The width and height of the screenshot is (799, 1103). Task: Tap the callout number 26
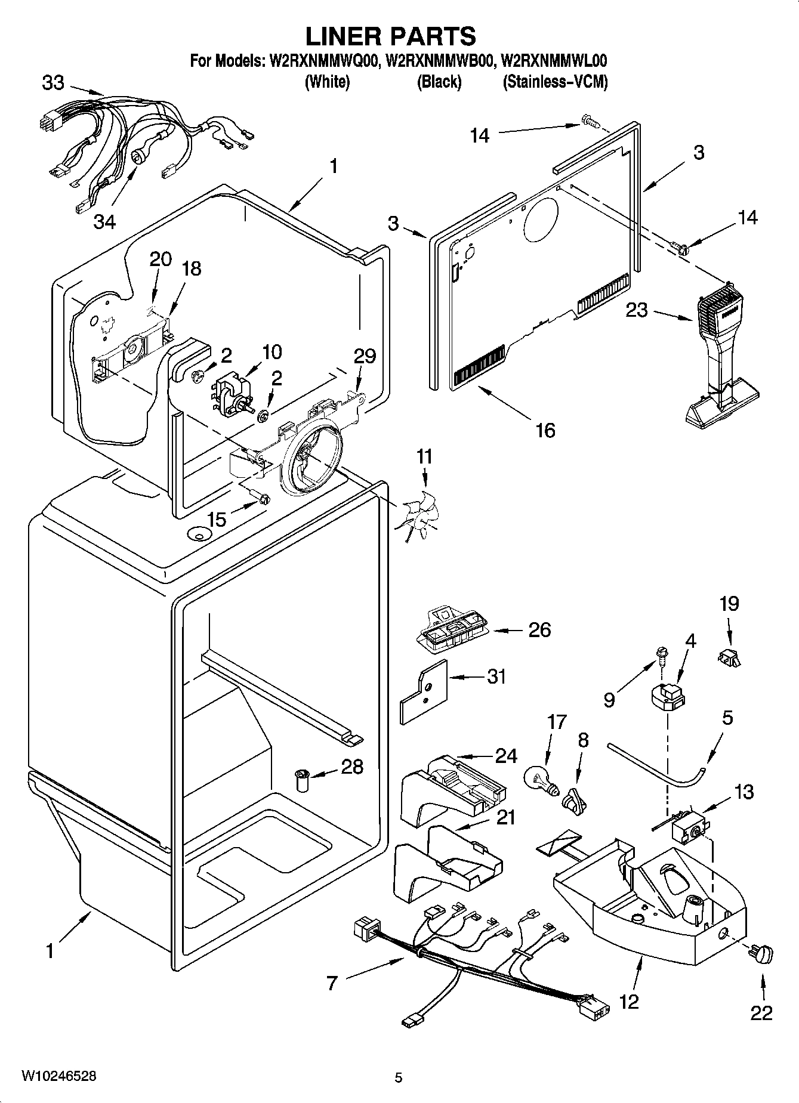coord(539,630)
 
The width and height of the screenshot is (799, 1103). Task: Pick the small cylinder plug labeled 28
coord(303,780)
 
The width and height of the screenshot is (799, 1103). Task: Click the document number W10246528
coord(58,1076)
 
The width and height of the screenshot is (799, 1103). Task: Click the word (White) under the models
coord(327,82)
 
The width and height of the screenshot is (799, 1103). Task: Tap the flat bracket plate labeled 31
coord(422,692)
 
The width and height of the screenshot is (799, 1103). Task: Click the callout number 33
coord(53,83)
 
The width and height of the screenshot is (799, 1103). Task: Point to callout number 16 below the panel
coord(545,430)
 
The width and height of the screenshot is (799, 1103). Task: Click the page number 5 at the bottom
coord(399,1077)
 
